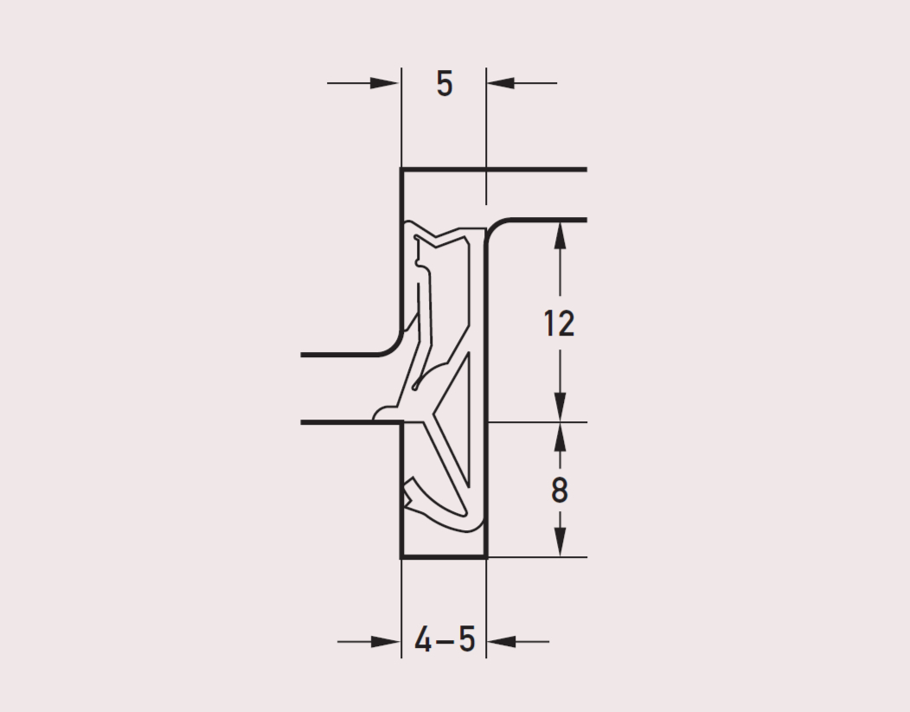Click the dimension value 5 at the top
tap(444, 84)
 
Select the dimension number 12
tap(560, 324)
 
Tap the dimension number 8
tap(559, 491)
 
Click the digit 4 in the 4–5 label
tap(423, 640)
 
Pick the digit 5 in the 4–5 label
tap(467, 640)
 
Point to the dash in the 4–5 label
tap(445, 642)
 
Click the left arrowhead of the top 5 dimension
tap(385, 83)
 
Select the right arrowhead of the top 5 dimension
tap(501, 83)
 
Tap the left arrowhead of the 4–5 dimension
tap(385, 642)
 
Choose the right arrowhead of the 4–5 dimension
tap(501, 642)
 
